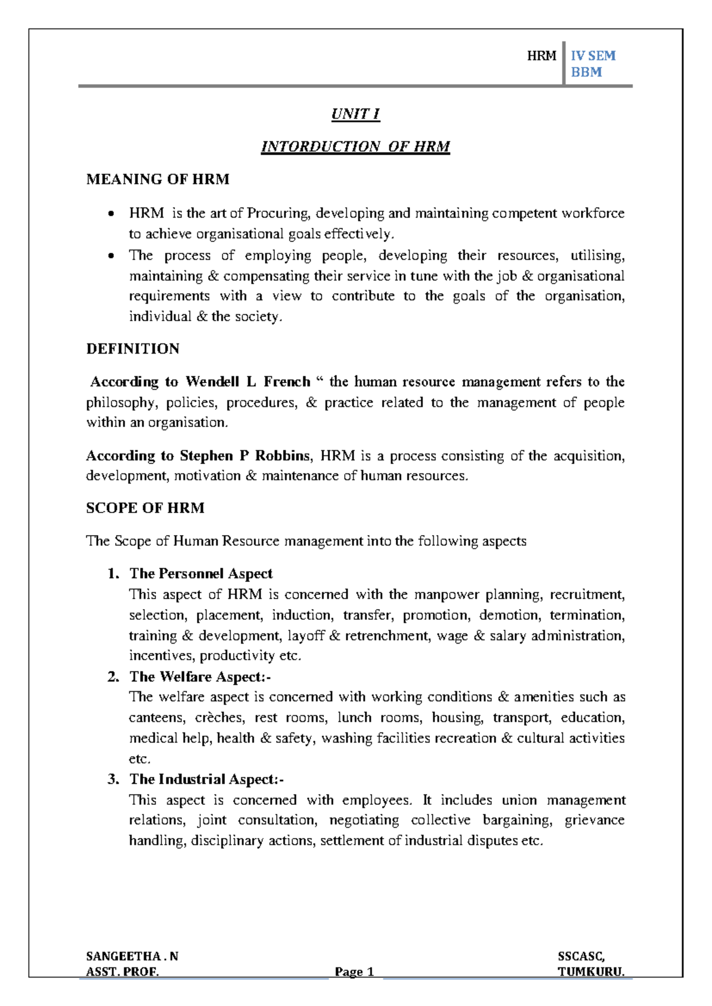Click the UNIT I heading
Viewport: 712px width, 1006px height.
click(x=355, y=114)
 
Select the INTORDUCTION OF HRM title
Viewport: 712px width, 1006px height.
click(x=355, y=147)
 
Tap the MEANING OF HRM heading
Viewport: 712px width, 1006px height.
click(x=158, y=179)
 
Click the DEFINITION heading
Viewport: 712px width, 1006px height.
click(x=133, y=349)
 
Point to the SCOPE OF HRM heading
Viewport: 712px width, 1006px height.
click(x=145, y=508)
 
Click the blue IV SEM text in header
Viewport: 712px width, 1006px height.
click(x=593, y=56)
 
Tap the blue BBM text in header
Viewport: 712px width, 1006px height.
click(x=586, y=72)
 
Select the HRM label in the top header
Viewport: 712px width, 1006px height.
click(x=542, y=56)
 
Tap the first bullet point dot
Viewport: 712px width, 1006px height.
click(x=110, y=214)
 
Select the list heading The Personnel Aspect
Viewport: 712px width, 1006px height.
click(x=201, y=574)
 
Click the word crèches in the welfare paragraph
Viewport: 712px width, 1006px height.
click(x=219, y=718)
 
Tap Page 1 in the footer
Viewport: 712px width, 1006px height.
click(x=354, y=972)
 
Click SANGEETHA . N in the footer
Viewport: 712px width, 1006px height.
click(x=132, y=956)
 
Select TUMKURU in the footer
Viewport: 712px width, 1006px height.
click(x=590, y=972)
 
